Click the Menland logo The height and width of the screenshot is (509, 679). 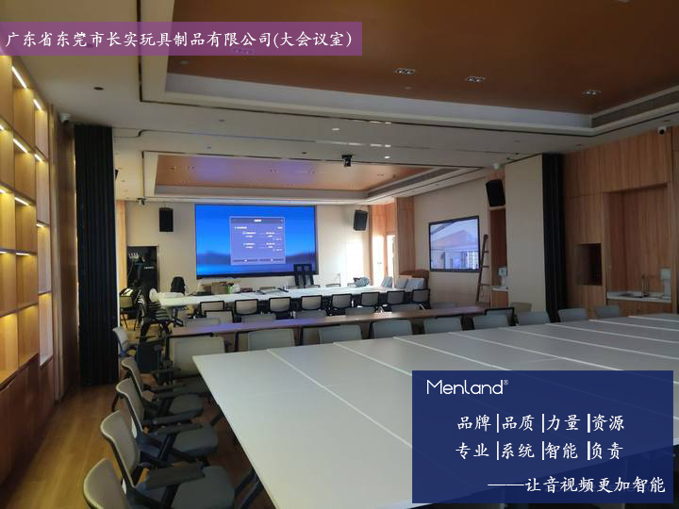point(467,387)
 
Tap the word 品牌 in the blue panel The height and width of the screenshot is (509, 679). point(474,423)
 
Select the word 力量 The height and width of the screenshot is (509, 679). point(563,423)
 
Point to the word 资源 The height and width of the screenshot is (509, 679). point(607,423)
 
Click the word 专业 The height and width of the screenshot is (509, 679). point(472,451)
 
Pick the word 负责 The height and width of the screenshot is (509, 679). point(606,451)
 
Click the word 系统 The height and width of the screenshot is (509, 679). point(518,451)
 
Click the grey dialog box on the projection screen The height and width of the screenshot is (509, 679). point(257,240)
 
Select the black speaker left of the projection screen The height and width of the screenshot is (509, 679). point(166,220)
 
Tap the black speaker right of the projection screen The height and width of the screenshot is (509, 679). point(360,220)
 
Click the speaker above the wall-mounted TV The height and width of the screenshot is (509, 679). point(494,192)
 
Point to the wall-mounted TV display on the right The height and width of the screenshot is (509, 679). point(455,244)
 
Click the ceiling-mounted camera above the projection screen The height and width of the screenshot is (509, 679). point(347,160)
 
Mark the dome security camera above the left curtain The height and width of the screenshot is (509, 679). point(64,118)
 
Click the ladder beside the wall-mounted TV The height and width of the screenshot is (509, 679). point(482,269)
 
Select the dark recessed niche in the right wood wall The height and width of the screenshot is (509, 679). point(588,264)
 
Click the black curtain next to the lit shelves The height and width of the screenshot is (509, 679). point(96,254)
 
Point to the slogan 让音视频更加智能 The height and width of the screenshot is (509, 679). point(594,485)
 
